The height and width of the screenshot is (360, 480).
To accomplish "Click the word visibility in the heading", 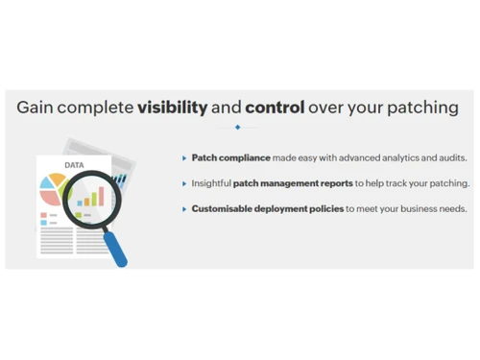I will (x=173, y=107).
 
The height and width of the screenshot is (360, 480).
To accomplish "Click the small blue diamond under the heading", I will (x=237, y=127).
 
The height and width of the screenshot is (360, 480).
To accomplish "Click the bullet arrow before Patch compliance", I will (x=184, y=157).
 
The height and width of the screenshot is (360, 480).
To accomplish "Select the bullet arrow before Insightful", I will (x=184, y=182).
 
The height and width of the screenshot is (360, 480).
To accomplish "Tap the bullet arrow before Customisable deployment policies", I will (x=184, y=207).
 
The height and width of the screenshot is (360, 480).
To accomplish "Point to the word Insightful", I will (x=211, y=182).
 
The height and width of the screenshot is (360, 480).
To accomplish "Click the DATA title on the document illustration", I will (x=74, y=166).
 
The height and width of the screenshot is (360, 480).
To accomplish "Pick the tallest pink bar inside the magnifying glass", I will (x=99, y=195).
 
